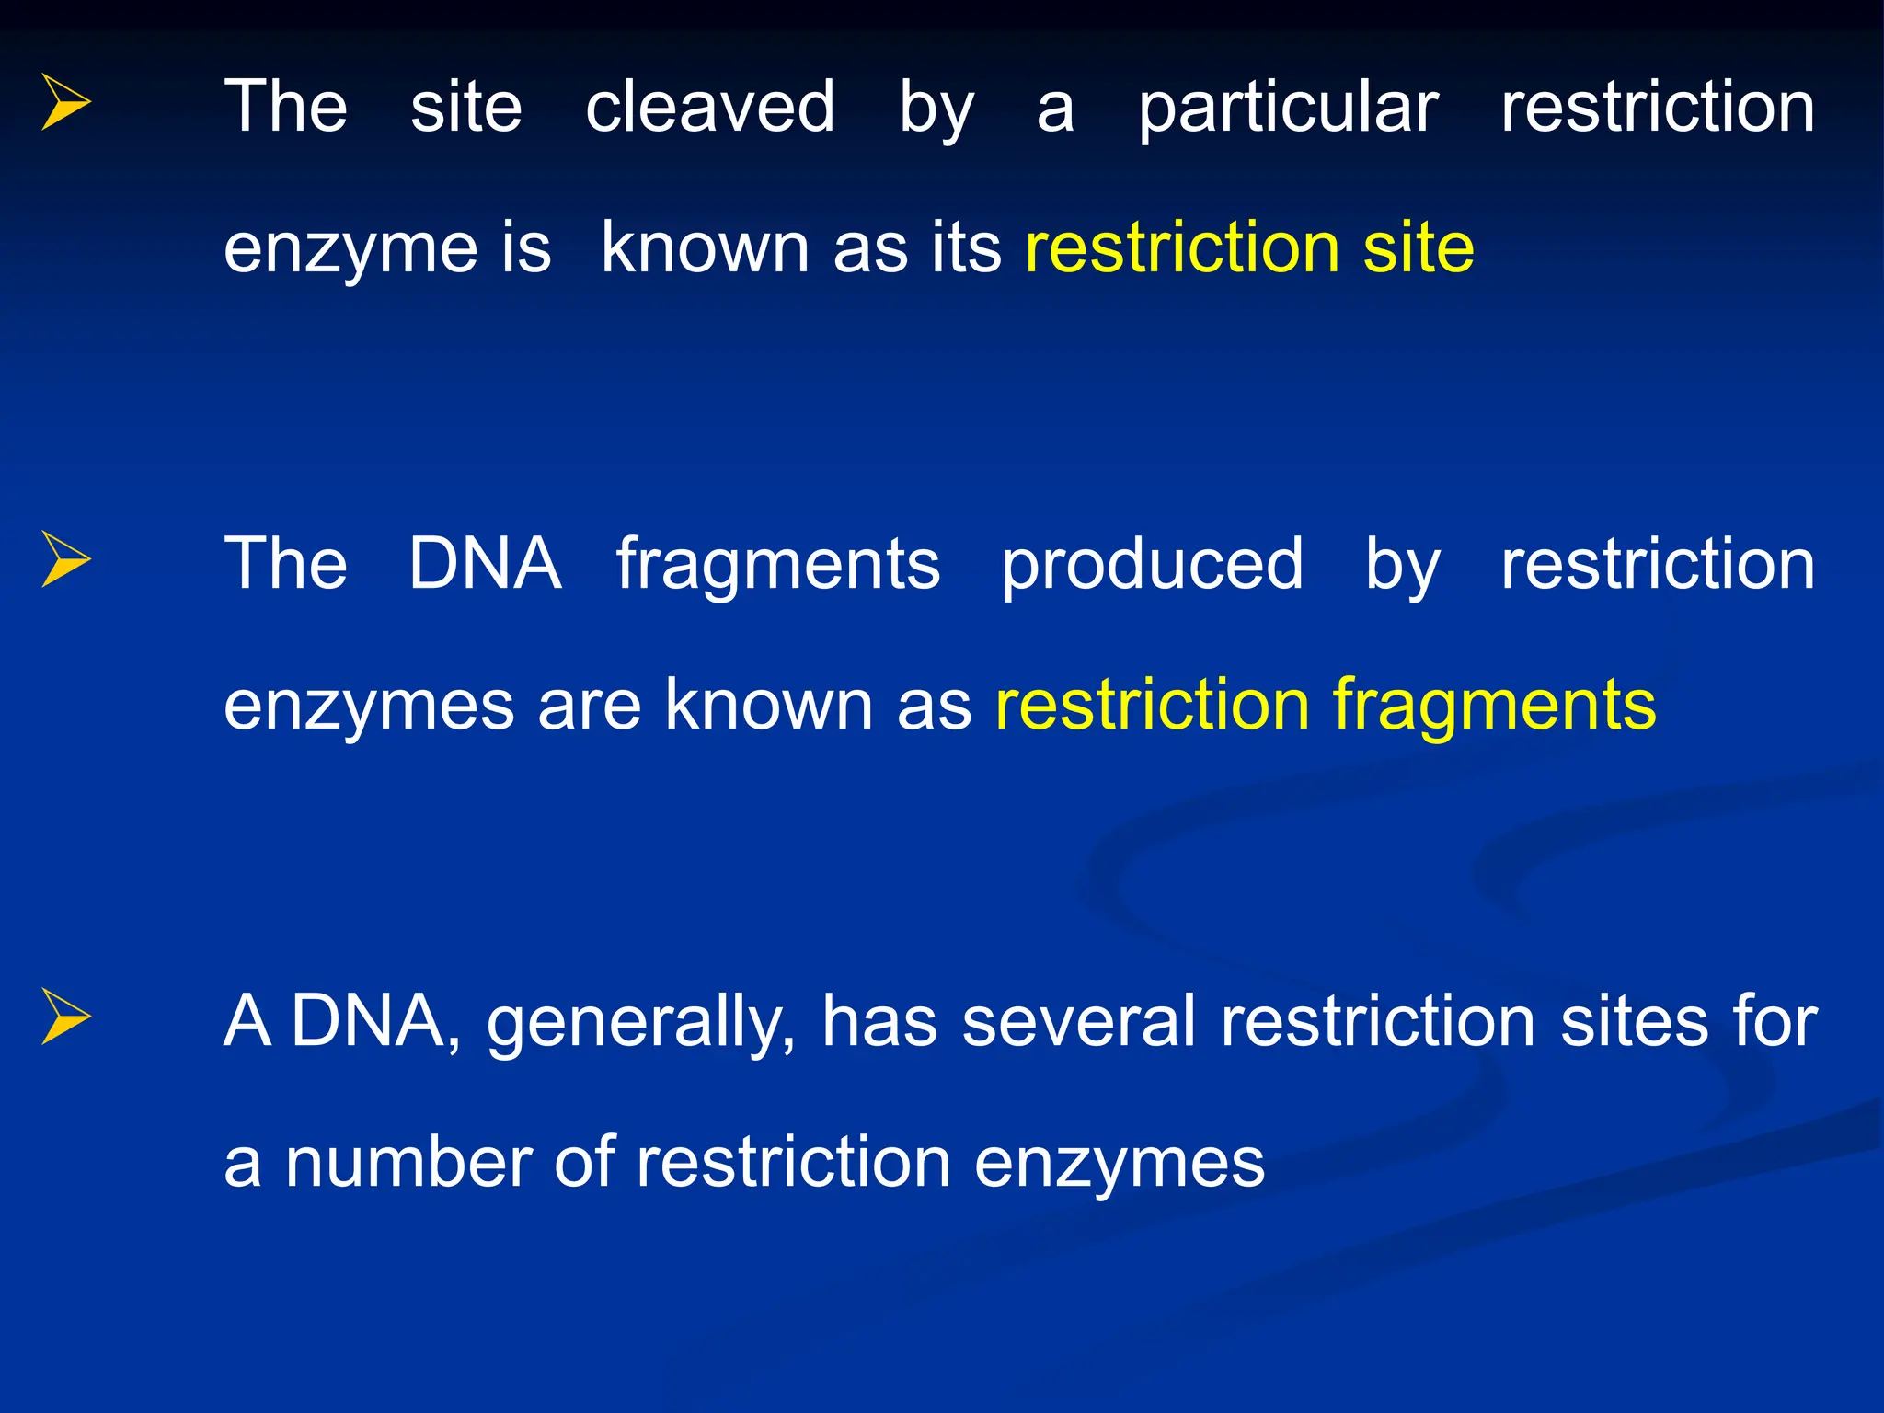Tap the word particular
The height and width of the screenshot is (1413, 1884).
click(x=1288, y=109)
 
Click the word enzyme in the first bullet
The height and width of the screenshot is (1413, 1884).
click(x=350, y=249)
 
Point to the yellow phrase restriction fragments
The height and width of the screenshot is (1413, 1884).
click(x=1326, y=705)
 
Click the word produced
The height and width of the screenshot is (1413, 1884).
click(x=1152, y=564)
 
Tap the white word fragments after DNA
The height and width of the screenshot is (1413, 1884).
click(x=777, y=566)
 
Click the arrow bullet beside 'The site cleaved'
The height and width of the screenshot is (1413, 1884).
click(x=66, y=102)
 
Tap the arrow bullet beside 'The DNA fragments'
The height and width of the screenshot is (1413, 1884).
click(x=66, y=558)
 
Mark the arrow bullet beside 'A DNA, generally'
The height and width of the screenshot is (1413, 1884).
click(x=66, y=1017)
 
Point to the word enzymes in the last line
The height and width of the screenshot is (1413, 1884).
click(x=1119, y=1164)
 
